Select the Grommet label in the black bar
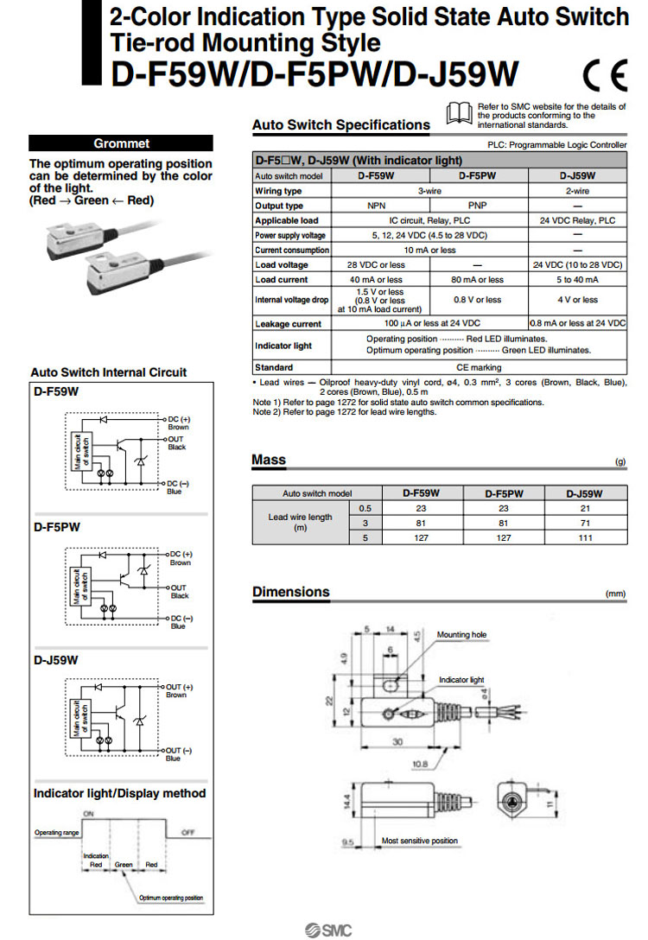121,143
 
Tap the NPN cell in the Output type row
376,206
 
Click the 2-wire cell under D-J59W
577,191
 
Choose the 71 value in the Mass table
584,523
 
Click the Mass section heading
269,460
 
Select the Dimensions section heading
290,592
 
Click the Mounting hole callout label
461,635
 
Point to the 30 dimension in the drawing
397,741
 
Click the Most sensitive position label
420,841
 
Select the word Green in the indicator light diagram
124,864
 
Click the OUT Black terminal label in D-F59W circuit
176,443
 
